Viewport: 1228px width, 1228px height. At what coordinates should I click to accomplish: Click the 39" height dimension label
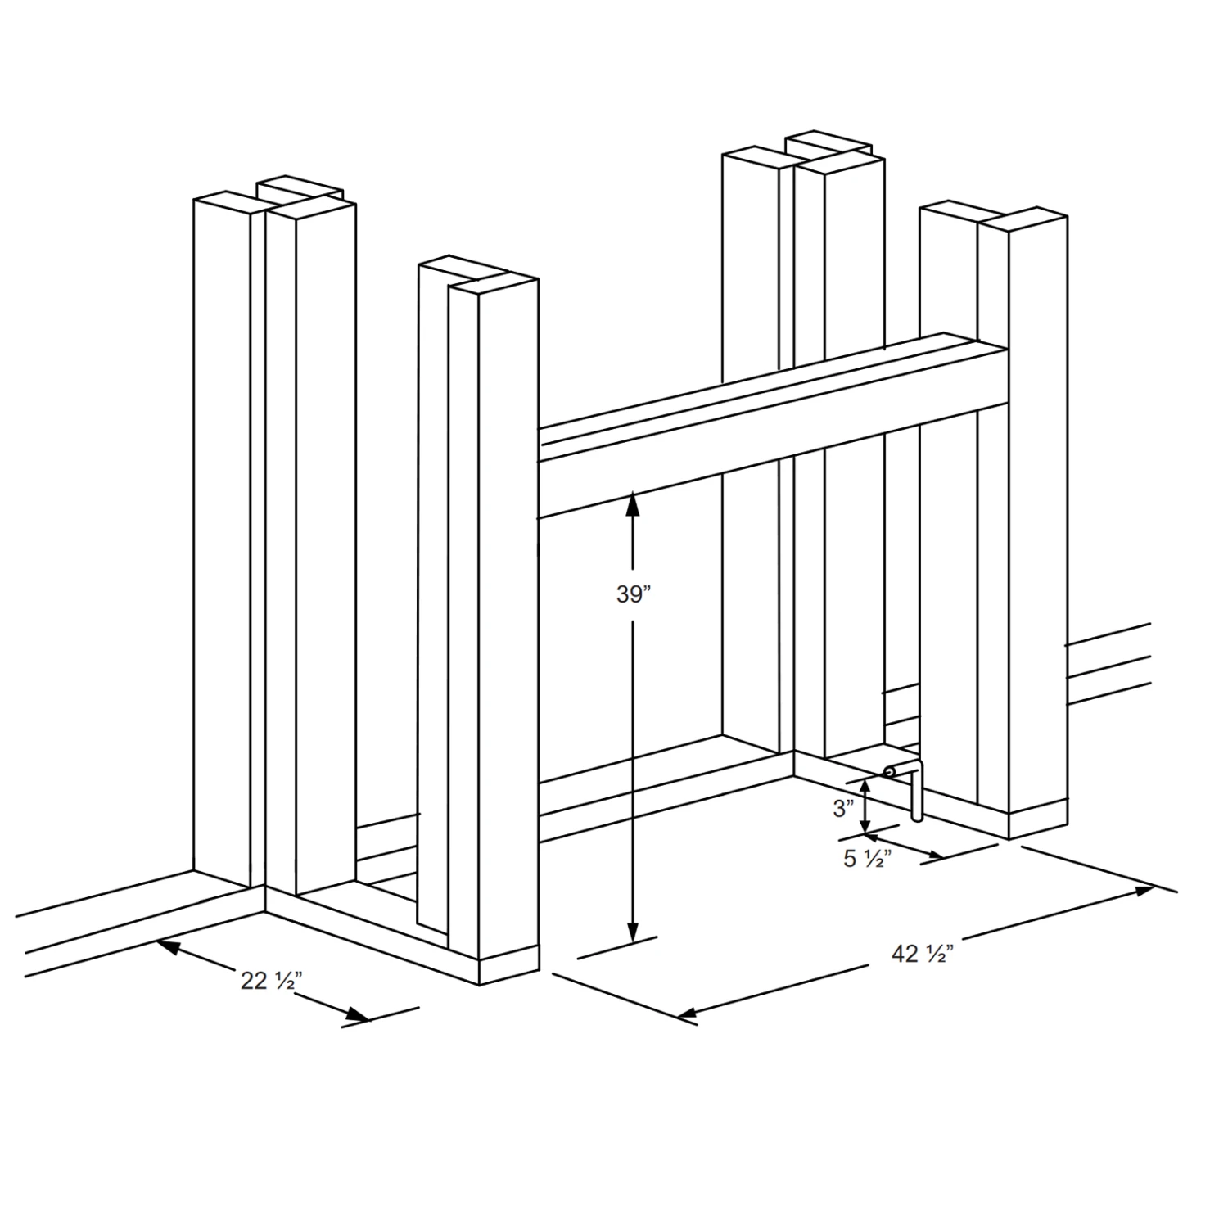pos(632,595)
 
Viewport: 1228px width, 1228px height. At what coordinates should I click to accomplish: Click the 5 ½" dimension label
pos(868,858)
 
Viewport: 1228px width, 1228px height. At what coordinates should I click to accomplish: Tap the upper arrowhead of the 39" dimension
pos(632,503)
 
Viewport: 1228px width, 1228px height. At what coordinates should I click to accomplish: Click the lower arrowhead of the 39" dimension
pos(632,931)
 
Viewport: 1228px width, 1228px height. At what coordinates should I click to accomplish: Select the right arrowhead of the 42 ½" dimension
pos(1141,892)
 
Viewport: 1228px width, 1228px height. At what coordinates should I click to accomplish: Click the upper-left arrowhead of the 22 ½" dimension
pos(168,947)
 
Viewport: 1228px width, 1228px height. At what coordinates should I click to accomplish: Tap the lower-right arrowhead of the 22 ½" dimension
pos(357,1015)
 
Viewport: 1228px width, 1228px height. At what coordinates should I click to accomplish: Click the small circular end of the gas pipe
pos(889,771)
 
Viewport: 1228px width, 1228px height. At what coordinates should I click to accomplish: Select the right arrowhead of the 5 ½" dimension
pos(932,855)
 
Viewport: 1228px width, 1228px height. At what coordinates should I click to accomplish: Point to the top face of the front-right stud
pos(1023,219)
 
